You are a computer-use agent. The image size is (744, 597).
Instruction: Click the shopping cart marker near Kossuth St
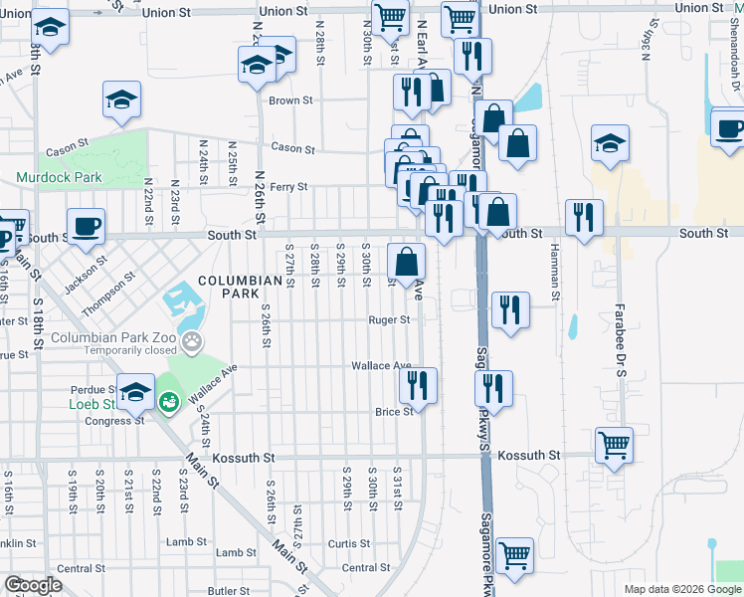point(614,445)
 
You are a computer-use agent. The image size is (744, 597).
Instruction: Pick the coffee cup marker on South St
point(86,225)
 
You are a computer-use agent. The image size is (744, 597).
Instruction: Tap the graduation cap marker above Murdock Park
point(121,99)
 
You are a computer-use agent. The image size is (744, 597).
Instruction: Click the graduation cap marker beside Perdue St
point(135,391)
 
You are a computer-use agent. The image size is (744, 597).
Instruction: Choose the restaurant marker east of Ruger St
point(510,306)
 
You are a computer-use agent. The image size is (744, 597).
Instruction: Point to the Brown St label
point(290,100)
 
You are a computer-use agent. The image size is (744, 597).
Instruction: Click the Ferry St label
point(288,186)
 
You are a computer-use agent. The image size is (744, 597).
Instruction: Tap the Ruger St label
point(389,320)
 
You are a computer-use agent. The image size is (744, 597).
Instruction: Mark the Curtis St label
point(349,544)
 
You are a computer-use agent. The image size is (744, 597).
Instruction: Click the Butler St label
point(229,590)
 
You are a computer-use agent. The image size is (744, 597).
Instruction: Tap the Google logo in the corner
point(33,586)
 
